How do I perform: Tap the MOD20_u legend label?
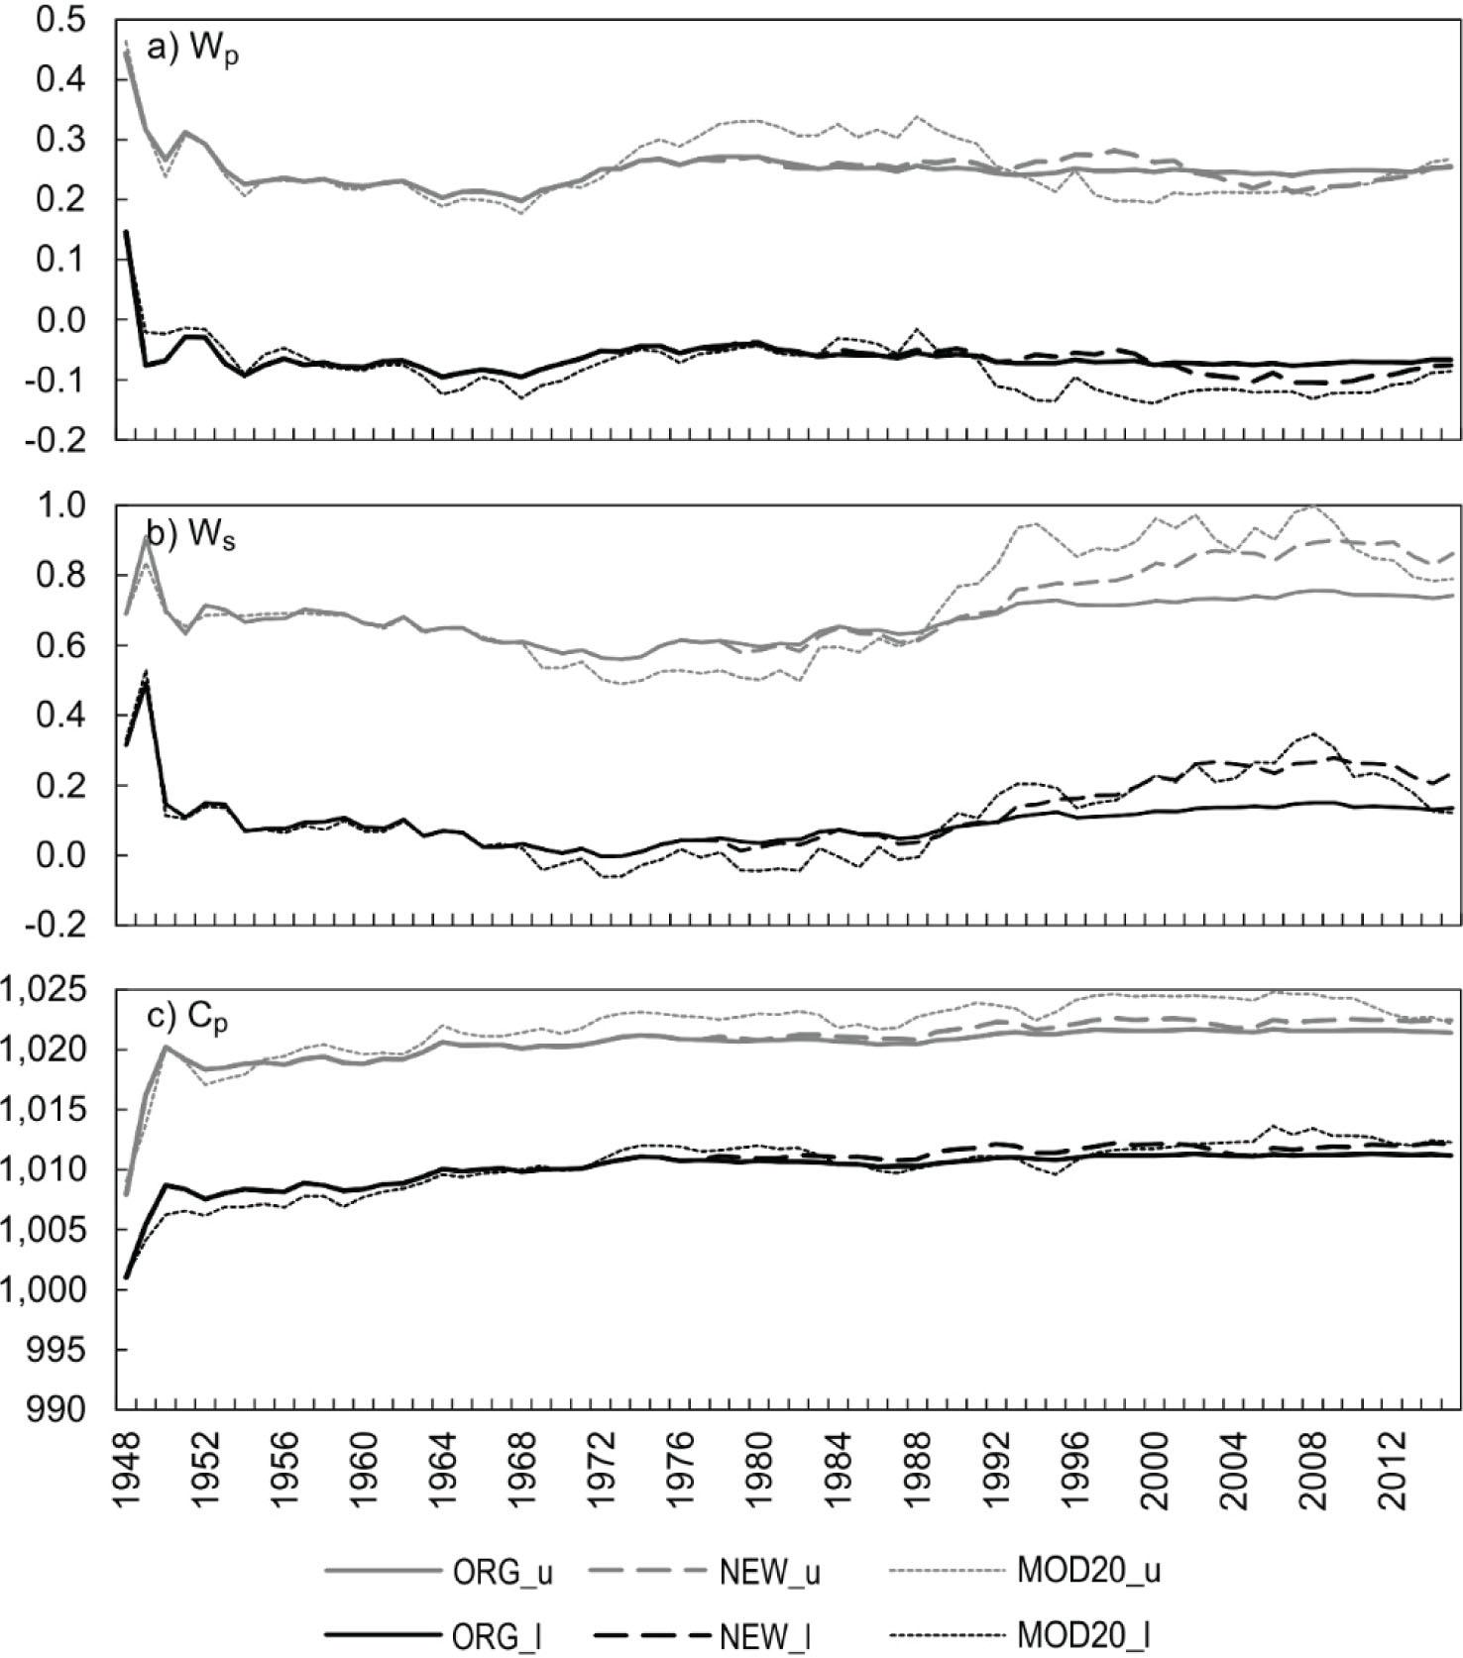[x=1088, y=1573]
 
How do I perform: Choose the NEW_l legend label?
[x=766, y=1636]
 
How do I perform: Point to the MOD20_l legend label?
[x=1083, y=1636]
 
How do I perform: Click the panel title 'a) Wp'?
[x=192, y=51]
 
